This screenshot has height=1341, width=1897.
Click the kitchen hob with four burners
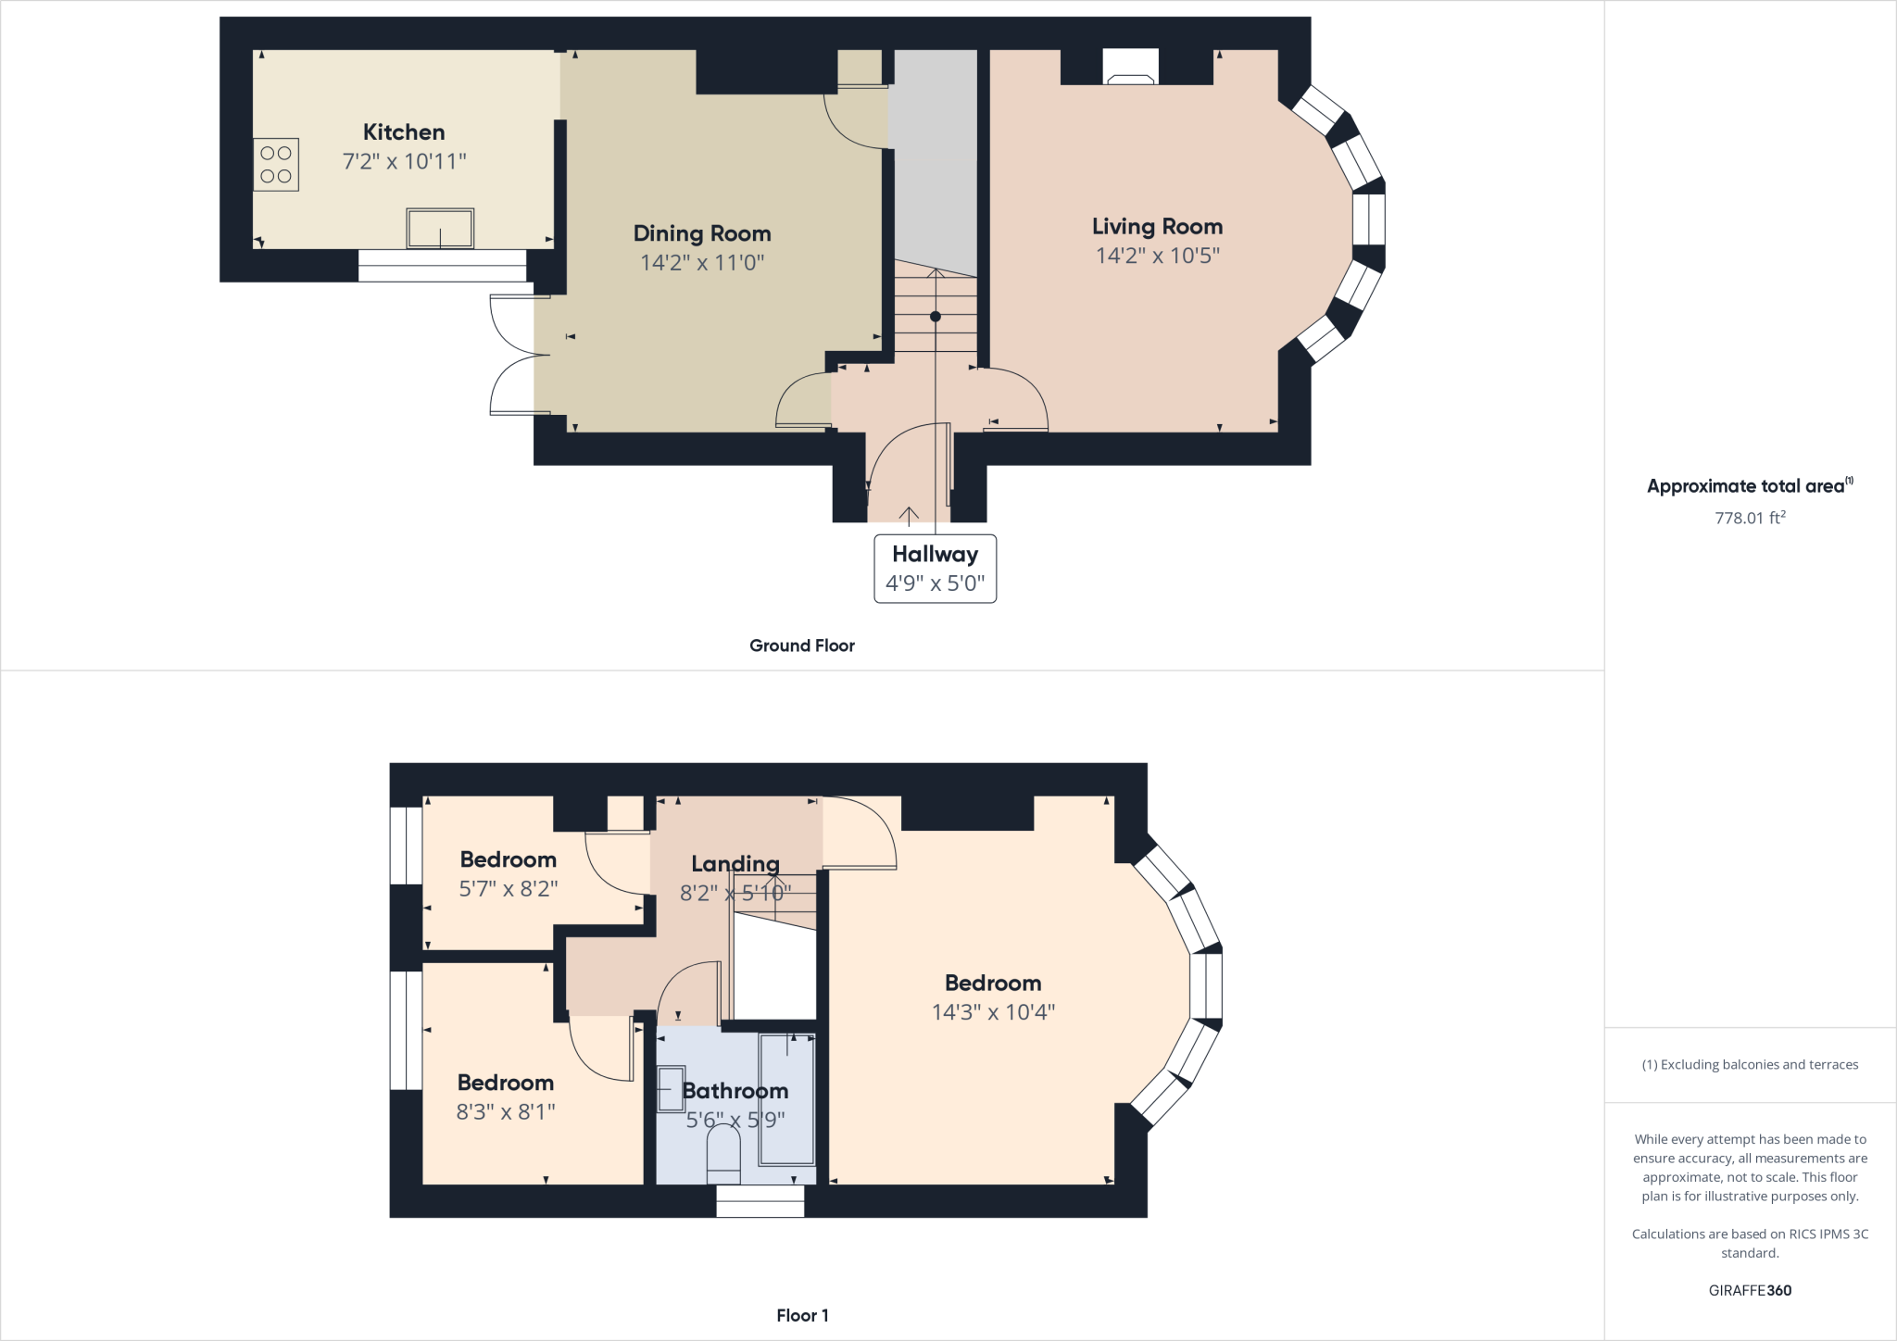(276, 165)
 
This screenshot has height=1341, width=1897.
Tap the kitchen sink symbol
(440, 229)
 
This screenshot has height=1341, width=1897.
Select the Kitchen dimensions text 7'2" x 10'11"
(404, 161)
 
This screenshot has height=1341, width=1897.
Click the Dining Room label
(701, 233)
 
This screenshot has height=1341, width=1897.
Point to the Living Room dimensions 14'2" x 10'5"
(1157, 256)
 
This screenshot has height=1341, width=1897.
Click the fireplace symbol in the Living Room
(1130, 67)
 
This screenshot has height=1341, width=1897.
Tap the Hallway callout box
(935, 569)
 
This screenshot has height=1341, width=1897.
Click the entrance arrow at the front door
(909, 516)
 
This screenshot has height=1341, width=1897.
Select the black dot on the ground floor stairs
(936, 317)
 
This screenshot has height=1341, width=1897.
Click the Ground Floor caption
(801, 645)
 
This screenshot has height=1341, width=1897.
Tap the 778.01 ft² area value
(1749, 518)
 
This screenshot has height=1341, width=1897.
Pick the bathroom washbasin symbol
(671, 1089)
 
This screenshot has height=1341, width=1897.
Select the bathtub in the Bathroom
(787, 1099)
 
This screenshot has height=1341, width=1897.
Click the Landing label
(735, 864)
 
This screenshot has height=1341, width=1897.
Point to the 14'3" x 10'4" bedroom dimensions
(993, 1012)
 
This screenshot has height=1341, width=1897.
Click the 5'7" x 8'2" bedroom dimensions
(508, 889)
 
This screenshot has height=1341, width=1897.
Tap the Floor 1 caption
(802, 1315)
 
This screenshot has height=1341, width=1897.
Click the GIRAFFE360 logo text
(1749, 1290)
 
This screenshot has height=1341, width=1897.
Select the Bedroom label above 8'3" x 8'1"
(505, 1083)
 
